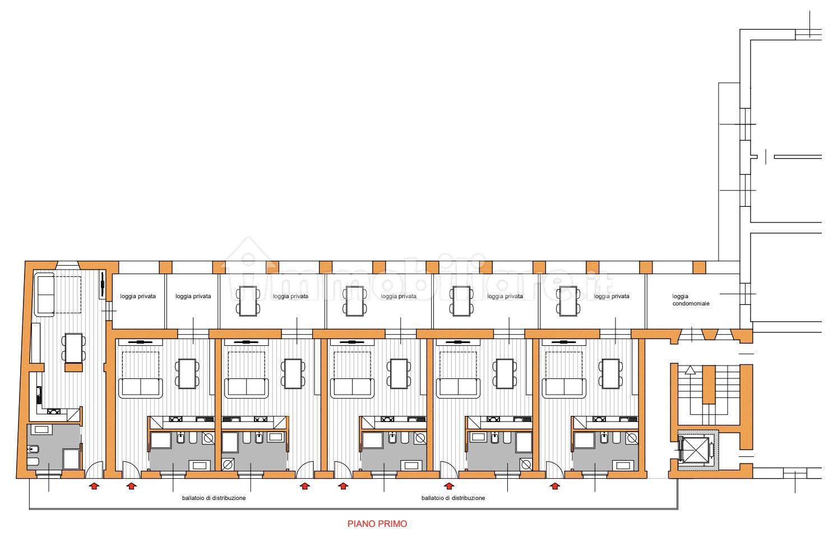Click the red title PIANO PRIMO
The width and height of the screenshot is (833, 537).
click(x=377, y=524)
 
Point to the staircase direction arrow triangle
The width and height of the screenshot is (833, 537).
click(x=689, y=370)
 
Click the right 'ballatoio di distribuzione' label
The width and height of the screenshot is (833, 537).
click(x=453, y=498)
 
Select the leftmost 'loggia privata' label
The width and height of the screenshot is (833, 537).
click(x=138, y=296)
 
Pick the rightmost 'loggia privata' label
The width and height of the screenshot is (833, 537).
click(x=612, y=296)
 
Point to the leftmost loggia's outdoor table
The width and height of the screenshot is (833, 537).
click(x=247, y=300)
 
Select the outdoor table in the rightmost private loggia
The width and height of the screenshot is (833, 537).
click(x=567, y=300)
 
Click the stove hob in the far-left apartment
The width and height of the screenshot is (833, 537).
click(x=54, y=411)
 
